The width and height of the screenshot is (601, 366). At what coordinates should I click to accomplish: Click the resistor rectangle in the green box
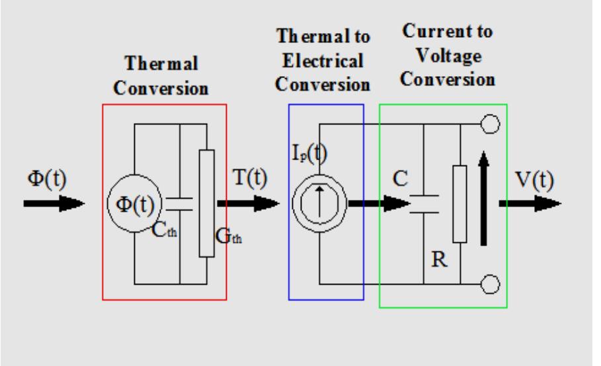[460, 203]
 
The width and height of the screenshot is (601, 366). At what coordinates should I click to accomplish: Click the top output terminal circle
[490, 124]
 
